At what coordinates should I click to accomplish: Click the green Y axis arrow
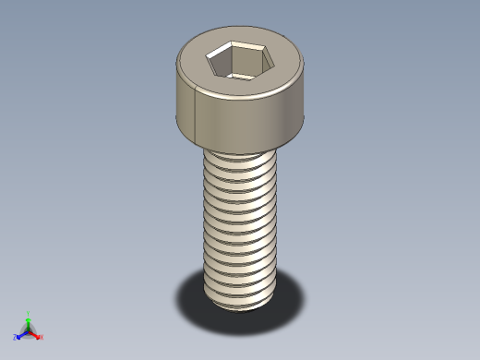tap(28, 319)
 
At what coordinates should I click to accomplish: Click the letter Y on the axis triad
tap(28, 313)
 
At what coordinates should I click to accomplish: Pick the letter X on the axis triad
tap(42, 337)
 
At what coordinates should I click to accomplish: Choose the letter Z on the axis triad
tap(15, 336)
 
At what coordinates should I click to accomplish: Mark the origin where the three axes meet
tap(28, 330)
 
